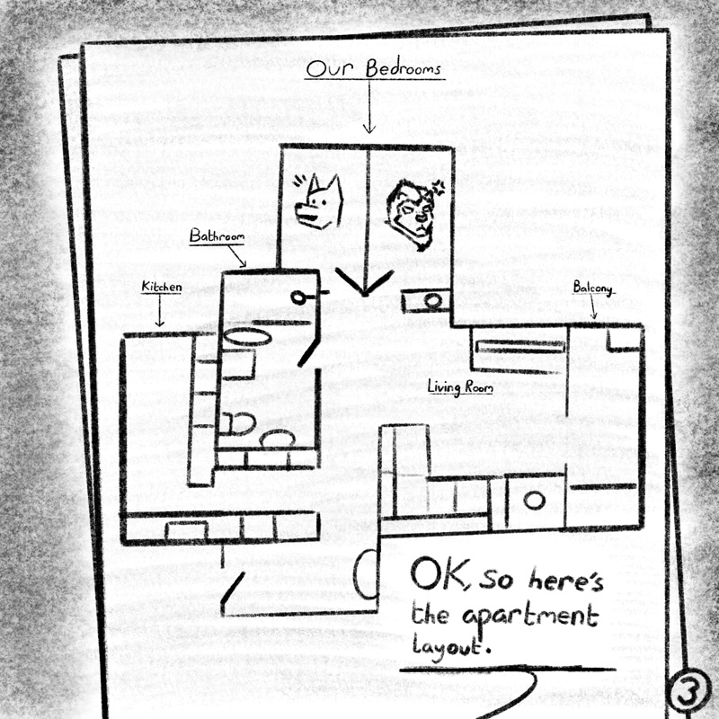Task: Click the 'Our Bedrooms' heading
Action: (373, 69)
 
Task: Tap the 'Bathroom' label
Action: (217, 235)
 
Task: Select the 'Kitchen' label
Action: (162, 287)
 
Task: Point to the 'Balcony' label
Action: (592, 288)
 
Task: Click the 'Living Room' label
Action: (460, 387)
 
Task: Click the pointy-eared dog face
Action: (320, 201)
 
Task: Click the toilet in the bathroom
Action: (237, 423)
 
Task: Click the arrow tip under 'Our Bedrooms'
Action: (369, 133)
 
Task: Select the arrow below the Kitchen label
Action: (159, 310)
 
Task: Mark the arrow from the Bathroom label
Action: (236, 256)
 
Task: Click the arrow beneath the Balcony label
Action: (593, 306)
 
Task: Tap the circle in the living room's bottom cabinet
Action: (534, 501)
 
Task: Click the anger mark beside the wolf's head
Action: (439, 187)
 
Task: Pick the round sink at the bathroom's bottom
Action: (278, 438)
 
